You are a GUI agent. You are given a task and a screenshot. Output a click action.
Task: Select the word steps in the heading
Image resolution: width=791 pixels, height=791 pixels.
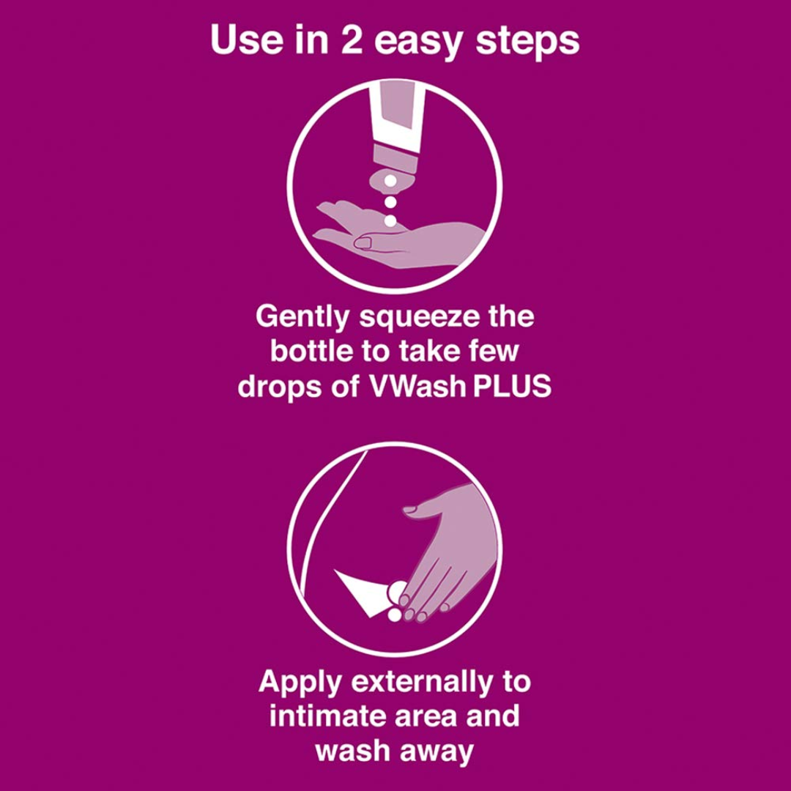[x=527, y=42]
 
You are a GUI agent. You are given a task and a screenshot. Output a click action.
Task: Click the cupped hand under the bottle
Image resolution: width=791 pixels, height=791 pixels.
[x=410, y=242]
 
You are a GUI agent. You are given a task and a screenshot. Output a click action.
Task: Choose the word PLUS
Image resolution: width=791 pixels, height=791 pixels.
[x=512, y=386]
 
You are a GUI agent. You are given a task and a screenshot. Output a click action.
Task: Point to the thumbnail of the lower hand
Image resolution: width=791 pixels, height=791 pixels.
[x=410, y=508]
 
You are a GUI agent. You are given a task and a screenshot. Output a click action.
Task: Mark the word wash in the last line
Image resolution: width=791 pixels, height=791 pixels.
[x=350, y=749]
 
